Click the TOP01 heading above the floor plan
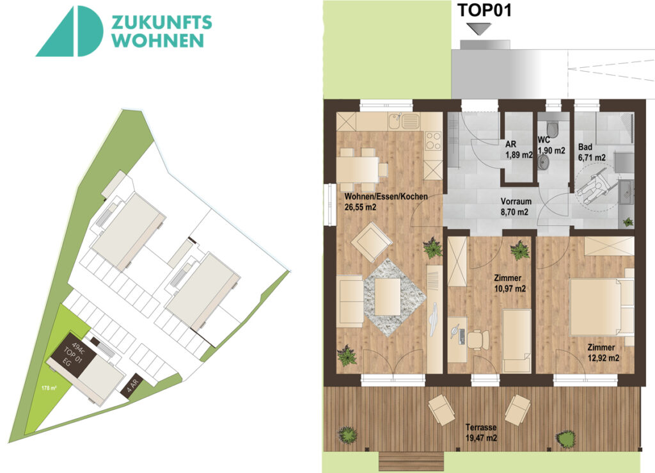(484, 10)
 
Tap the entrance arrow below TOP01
(478, 29)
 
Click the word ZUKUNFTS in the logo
(162, 22)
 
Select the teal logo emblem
(70, 31)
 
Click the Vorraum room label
(514, 200)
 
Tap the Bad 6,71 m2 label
(590, 151)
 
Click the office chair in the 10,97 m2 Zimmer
(475, 339)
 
